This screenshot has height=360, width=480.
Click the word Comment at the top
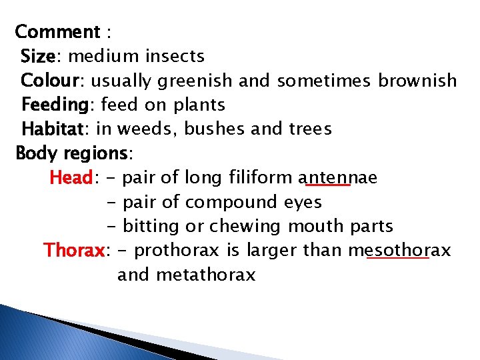(57, 31)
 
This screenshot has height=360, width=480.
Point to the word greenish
(195, 81)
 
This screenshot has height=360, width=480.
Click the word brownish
(417, 81)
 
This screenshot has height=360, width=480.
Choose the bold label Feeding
(55, 105)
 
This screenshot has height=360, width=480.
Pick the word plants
(199, 105)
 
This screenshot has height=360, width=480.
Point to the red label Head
(71, 178)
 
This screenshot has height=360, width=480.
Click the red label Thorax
(74, 251)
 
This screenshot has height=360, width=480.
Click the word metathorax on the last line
(205, 275)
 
